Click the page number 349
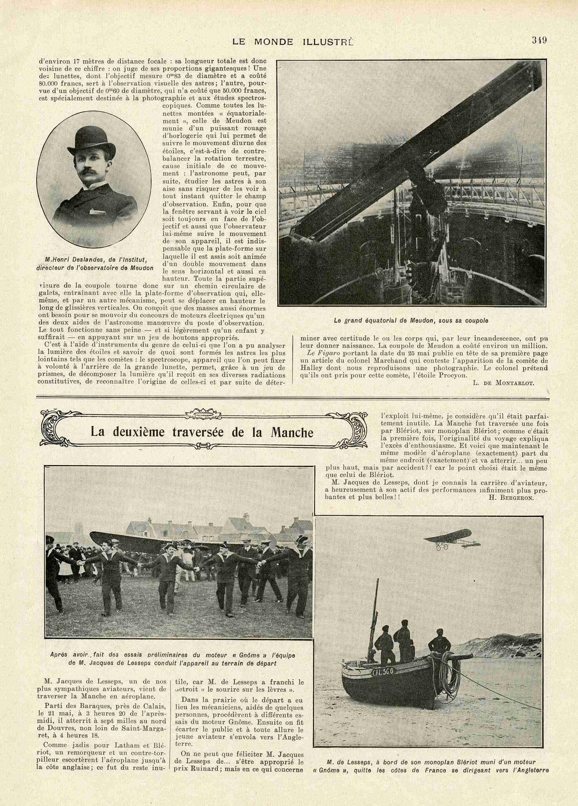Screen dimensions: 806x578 click(539, 40)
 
